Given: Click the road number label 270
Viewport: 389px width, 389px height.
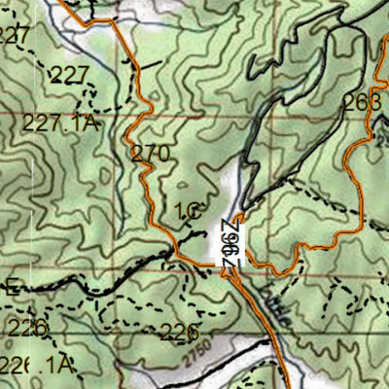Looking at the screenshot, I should click(x=151, y=154).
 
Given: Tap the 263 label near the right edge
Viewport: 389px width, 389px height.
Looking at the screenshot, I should click(x=361, y=103).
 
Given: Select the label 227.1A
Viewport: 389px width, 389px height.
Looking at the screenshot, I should click(x=61, y=124).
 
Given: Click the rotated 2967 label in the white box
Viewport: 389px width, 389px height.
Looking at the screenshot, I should click(x=230, y=240).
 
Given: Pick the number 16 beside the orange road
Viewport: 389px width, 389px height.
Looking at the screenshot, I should click(x=187, y=210).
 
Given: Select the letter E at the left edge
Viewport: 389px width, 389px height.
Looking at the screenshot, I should click(x=12, y=287).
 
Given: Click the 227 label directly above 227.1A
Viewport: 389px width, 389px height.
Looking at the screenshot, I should click(x=68, y=76).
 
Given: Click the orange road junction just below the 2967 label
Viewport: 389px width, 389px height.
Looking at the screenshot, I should click(x=231, y=273).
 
